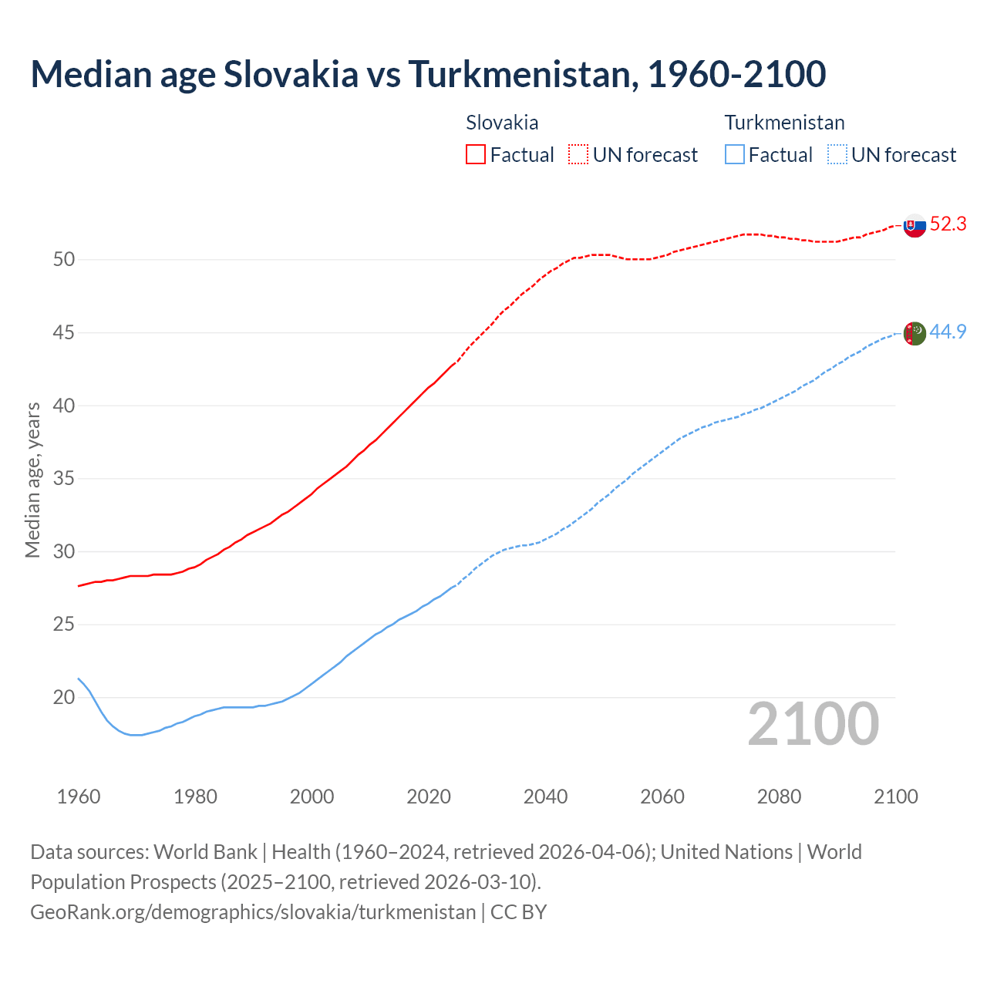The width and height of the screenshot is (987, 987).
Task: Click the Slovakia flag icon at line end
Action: [x=914, y=225]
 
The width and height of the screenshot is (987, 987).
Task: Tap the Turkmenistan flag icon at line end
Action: [x=914, y=333]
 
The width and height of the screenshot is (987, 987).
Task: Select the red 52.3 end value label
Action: [x=948, y=224]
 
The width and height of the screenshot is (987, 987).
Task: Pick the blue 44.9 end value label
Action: [x=948, y=332]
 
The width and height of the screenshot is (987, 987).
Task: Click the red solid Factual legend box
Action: [x=476, y=154]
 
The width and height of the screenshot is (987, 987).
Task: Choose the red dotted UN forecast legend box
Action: [x=578, y=154]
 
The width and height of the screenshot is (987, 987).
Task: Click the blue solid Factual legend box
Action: [x=735, y=154]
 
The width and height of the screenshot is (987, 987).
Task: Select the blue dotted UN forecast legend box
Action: [x=837, y=154]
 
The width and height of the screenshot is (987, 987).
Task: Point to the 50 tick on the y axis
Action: [x=64, y=260]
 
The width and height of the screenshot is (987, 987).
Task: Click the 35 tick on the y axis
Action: [x=64, y=479]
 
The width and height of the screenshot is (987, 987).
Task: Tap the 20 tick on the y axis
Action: [x=64, y=698]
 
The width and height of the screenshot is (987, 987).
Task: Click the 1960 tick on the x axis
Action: [x=79, y=797]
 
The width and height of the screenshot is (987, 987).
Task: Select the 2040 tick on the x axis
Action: [x=545, y=797]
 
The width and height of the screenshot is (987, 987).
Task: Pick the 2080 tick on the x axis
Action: [x=779, y=797]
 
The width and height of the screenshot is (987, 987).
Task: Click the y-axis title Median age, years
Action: [x=32, y=480]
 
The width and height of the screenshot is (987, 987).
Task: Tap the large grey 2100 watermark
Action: [x=814, y=724]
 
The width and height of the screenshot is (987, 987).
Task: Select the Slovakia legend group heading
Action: [x=502, y=123]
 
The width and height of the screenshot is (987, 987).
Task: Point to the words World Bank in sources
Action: [x=205, y=852]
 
